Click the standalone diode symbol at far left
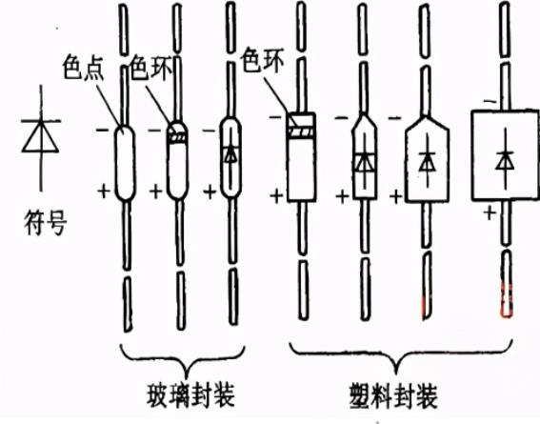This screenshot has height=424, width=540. point(38,137)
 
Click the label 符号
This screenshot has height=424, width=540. point(39,225)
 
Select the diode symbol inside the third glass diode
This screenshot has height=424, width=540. point(230,153)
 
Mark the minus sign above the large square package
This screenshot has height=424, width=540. point(487,99)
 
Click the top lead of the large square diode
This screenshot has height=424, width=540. point(503,48)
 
